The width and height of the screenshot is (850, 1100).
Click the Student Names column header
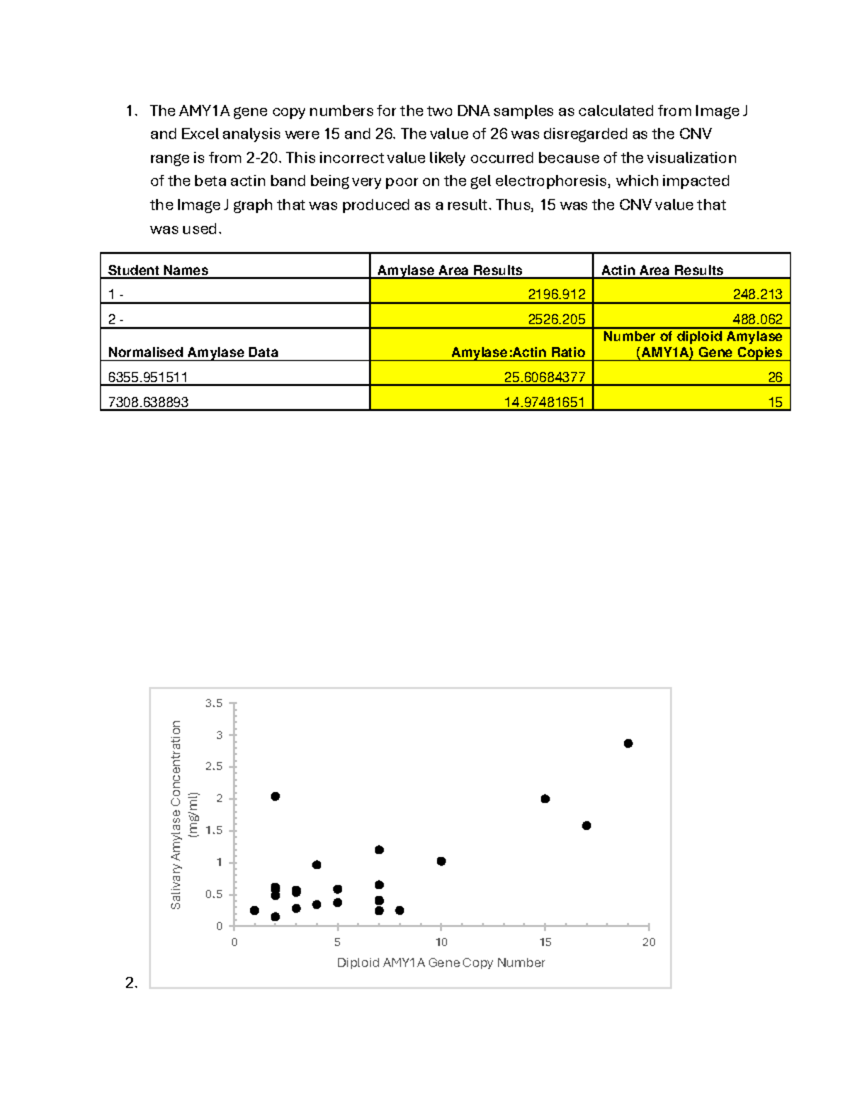click(x=158, y=270)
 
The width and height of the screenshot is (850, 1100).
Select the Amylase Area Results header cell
click(x=449, y=270)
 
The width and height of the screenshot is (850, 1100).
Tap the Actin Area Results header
click(x=662, y=270)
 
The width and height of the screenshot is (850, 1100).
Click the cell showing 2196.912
click(x=556, y=294)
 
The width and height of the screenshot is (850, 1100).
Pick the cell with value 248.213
click(x=756, y=294)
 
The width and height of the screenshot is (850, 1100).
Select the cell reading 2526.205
click(x=556, y=319)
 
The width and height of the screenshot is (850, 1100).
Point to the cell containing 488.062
click(x=756, y=319)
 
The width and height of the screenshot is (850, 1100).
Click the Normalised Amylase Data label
click(x=193, y=352)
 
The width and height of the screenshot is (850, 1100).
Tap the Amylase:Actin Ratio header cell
click(x=518, y=352)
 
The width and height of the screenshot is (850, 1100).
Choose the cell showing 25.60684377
click(x=544, y=377)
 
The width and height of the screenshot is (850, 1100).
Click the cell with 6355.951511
click(x=148, y=377)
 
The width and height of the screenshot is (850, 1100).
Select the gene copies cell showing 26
click(x=774, y=377)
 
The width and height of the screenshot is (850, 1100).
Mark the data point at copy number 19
click(x=628, y=743)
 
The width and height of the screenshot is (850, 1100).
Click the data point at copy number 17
click(x=586, y=825)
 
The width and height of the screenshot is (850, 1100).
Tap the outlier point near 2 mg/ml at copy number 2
click(x=276, y=796)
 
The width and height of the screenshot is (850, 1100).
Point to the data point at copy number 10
click(x=441, y=861)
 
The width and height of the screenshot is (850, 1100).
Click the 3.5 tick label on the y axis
click(x=214, y=703)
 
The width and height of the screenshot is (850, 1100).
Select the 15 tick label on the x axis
click(x=545, y=942)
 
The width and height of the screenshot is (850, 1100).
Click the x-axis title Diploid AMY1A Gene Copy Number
click(x=441, y=963)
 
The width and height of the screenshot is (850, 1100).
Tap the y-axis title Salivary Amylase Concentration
click(x=176, y=815)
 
